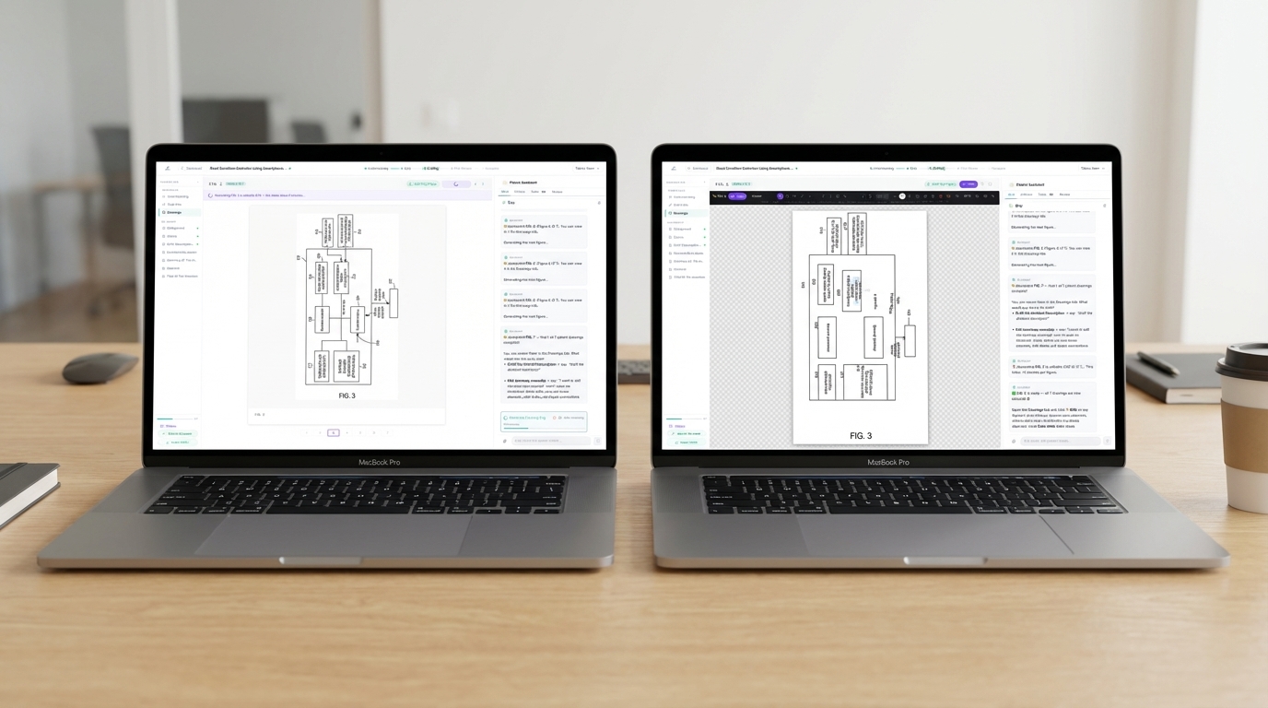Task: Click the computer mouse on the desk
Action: pyautogui.click(x=100, y=368)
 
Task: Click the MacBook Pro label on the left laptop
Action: pyautogui.click(x=379, y=462)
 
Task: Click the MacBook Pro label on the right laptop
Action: pyautogui.click(x=887, y=462)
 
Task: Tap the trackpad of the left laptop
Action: pyautogui.click(x=327, y=535)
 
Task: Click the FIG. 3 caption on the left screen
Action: pyautogui.click(x=346, y=395)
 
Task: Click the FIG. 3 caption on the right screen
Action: pyautogui.click(x=860, y=435)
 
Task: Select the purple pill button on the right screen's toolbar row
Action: pyautogui.click(x=968, y=184)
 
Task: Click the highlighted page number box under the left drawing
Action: pyautogui.click(x=334, y=432)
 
